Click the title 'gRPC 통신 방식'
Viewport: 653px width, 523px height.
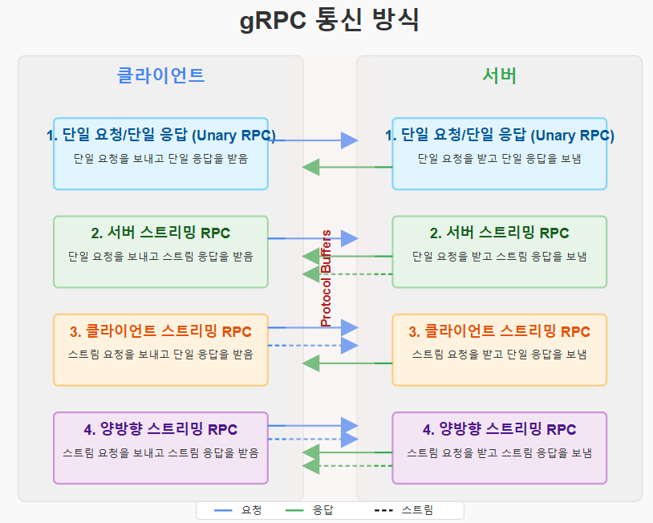tap(329, 21)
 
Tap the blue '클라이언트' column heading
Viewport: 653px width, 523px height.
tap(160, 75)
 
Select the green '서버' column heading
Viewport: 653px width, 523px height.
tap(499, 75)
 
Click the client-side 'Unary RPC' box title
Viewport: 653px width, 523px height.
tap(160, 136)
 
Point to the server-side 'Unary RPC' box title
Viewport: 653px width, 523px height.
tap(499, 136)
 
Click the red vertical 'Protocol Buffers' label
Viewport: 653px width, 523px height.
tap(326, 278)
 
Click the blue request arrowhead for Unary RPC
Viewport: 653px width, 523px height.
tap(349, 140)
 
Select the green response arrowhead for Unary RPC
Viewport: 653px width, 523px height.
tap(311, 167)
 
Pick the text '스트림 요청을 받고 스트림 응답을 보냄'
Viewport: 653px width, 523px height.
tap(499, 452)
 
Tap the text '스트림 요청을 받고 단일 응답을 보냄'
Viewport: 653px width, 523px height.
tap(499, 354)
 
